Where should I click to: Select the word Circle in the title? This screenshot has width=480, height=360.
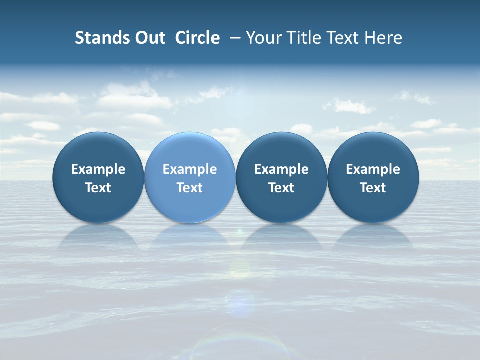(x=197, y=38)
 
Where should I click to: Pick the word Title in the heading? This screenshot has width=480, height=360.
(x=303, y=38)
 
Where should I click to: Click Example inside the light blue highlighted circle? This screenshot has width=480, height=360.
(x=190, y=169)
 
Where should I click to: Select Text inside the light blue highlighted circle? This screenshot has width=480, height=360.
(x=190, y=188)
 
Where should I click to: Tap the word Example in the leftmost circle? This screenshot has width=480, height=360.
(x=98, y=169)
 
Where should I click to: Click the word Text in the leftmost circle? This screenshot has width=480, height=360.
(x=98, y=188)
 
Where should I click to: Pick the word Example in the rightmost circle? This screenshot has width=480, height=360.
(x=373, y=169)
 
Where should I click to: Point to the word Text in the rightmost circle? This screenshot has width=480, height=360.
(x=373, y=188)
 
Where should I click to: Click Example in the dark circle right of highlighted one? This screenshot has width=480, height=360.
(x=281, y=169)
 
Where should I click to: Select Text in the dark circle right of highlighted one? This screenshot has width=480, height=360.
(x=281, y=188)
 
